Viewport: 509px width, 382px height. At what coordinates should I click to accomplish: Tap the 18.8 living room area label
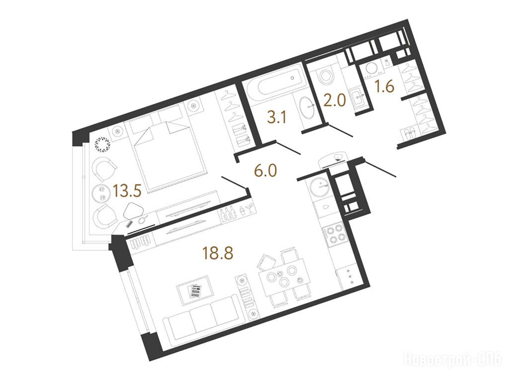pyautogui.click(x=218, y=253)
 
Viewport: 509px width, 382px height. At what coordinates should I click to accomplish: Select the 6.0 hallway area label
pyautogui.click(x=265, y=170)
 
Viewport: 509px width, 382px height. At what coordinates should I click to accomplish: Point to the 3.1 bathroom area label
pyautogui.click(x=277, y=117)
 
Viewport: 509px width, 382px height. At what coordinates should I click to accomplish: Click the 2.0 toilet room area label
pyautogui.click(x=335, y=100)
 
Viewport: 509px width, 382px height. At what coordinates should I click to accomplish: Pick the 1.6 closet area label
pyautogui.click(x=385, y=87)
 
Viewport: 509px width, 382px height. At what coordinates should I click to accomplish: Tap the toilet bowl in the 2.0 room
pyautogui.click(x=326, y=76)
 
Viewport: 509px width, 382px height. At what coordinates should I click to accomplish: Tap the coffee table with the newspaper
pyautogui.click(x=195, y=290)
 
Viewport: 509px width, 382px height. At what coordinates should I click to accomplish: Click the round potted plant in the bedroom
pyautogui.click(x=103, y=144)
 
